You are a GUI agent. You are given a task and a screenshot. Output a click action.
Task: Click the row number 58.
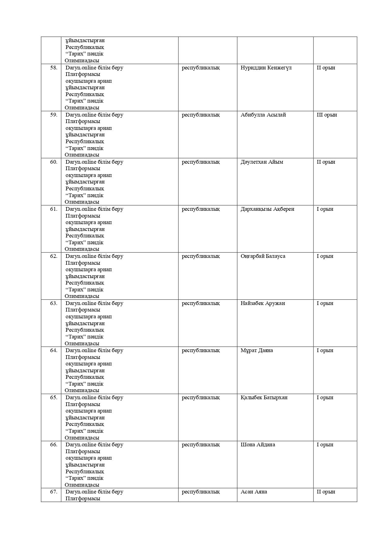coord(54,68)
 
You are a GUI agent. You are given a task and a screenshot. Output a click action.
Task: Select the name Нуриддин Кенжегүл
coord(266,68)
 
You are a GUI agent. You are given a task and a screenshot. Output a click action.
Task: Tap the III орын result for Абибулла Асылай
coord(326,115)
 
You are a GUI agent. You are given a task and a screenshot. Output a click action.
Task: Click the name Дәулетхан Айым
coord(261,162)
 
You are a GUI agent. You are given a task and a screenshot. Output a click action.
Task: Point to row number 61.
coord(54,209)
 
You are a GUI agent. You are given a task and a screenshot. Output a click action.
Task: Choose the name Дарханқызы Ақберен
coord(267,209)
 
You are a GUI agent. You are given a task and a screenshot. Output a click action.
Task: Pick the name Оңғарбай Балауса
coord(263,256)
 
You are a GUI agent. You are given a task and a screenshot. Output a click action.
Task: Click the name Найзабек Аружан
coord(263,303)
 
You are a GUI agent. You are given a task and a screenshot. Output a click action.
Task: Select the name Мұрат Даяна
coord(257,350)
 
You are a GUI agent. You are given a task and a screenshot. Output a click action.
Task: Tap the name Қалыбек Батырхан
coord(264,397)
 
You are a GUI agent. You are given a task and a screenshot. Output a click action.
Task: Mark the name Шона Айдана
coord(258,444)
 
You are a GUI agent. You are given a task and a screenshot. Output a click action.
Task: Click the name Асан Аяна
coord(254,492)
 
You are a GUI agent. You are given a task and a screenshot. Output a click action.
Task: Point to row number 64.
coord(54,350)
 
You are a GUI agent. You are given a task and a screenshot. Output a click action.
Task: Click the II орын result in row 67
coord(326,492)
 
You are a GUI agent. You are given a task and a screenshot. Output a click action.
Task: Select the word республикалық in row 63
coord(201,303)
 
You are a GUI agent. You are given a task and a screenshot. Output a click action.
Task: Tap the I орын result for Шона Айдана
coord(325,444)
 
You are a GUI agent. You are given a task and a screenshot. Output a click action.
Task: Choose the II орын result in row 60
coord(326,162)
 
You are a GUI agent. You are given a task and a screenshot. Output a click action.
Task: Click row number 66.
coord(54,444)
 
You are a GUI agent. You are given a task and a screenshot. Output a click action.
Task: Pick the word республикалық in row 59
coord(201,115)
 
